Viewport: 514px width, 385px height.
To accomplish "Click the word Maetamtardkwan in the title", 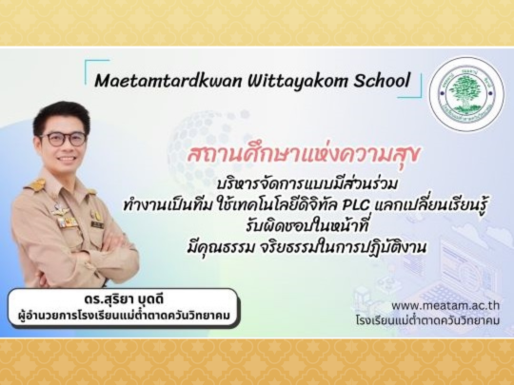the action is coord(168,81).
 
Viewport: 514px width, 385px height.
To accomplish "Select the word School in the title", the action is coord(382,80).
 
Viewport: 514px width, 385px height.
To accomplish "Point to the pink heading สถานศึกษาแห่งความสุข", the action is coord(304,155).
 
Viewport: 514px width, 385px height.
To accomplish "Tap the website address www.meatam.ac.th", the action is coord(445,306).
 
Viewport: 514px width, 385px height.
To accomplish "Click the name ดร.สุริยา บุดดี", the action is coord(123,299).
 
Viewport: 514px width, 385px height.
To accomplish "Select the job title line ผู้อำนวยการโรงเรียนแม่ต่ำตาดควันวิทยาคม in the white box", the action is coord(124,316).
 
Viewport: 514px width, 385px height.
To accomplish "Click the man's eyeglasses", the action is coord(62,139).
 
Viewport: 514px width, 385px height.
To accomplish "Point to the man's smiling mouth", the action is coord(67,159).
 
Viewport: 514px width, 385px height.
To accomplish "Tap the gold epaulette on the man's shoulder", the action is coord(35,185).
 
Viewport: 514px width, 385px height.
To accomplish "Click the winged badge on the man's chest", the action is coord(61,211).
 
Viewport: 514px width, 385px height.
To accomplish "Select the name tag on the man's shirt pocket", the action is coord(97,225).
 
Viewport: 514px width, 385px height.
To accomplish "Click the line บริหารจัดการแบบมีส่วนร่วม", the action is coord(307,184).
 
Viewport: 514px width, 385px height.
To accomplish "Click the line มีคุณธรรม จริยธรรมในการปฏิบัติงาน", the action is coord(306,247).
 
